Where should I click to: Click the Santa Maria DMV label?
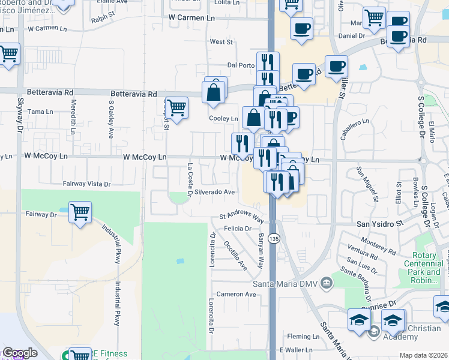click(284, 283)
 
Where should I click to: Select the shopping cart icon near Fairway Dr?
click(80, 212)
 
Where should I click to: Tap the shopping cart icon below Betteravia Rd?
click(176, 108)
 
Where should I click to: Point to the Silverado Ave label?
click(214, 192)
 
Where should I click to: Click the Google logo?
click(20, 353)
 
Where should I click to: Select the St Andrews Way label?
click(241, 217)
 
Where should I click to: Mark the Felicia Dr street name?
click(238, 229)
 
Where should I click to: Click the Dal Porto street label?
click(238, 65)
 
